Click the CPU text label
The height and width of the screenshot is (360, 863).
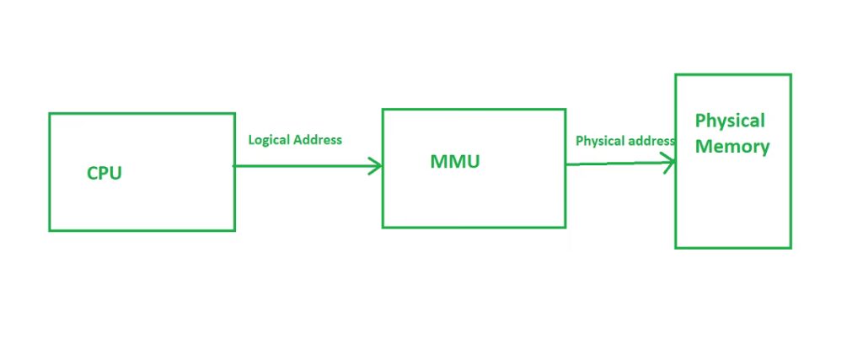click(105, 174)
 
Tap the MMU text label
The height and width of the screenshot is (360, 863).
click(454, 162)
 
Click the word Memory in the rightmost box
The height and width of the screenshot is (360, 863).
click(732, 147)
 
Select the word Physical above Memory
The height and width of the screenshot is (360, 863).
click(730, 121)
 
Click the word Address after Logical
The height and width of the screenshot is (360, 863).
click(317, 140)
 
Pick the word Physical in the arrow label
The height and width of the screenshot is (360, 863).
click(599, 141)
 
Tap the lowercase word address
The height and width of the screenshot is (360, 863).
click(649, 141)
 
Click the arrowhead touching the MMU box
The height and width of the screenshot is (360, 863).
click(376, 166)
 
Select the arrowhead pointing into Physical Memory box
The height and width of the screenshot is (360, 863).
click(669, 164)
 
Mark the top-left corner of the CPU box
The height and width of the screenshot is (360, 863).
click(50, 114)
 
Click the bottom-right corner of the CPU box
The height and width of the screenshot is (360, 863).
click(234, 229)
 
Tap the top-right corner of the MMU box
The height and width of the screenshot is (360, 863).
click(566, 110)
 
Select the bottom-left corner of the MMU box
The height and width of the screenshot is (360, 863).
click(383, 227)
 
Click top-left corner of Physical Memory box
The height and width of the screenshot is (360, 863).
click(676, 75)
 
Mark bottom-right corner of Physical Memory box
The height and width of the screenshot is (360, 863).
click(791, 247)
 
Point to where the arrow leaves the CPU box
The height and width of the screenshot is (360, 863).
click(235, 166)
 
